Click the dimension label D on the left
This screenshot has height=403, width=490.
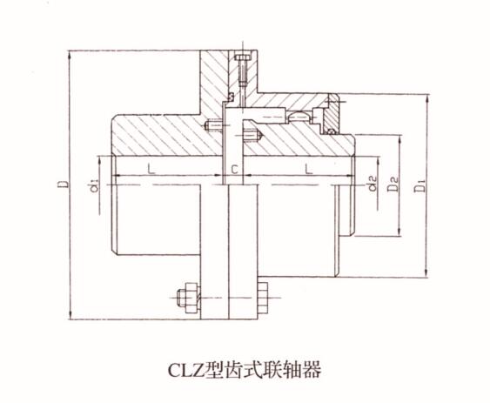pos(64,184)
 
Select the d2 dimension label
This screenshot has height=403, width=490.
pos(373,184)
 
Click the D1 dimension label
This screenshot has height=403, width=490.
pos(420,185)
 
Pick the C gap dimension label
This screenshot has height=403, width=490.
pos(234,170)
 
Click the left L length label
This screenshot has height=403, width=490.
pos(151,169)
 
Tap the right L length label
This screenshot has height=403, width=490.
pos(309,169)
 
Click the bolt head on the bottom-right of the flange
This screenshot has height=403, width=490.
pos(263,298)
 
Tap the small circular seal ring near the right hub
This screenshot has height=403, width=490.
pos(331,131)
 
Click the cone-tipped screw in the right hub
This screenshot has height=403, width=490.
pos(253,136)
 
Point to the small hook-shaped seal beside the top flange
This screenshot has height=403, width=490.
pos(232,97)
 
